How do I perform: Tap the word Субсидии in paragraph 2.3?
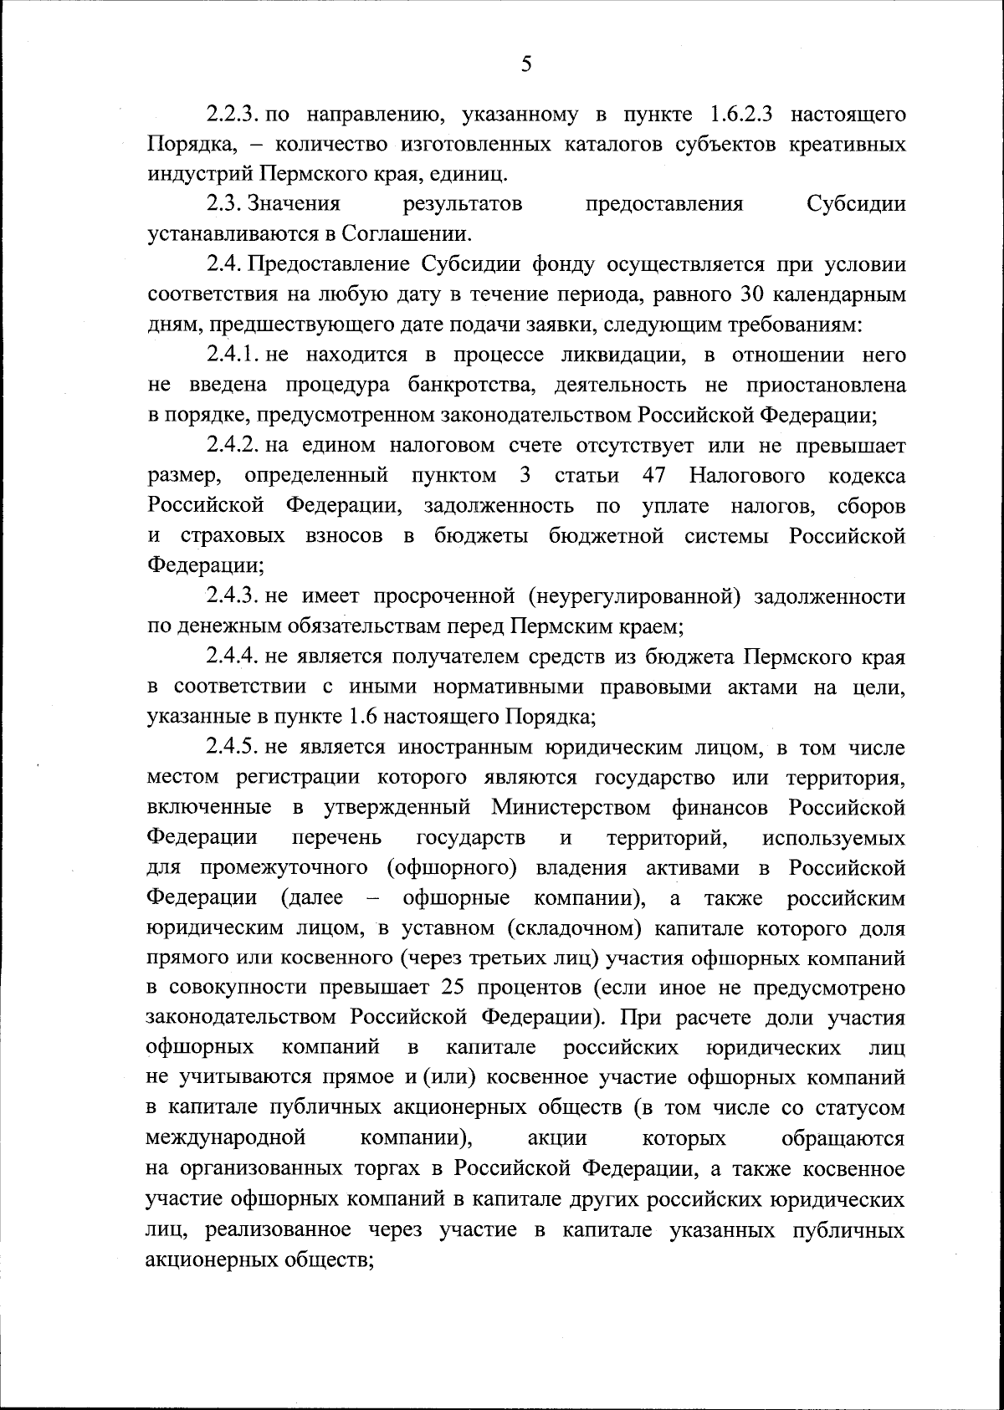(x=856, y=204)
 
